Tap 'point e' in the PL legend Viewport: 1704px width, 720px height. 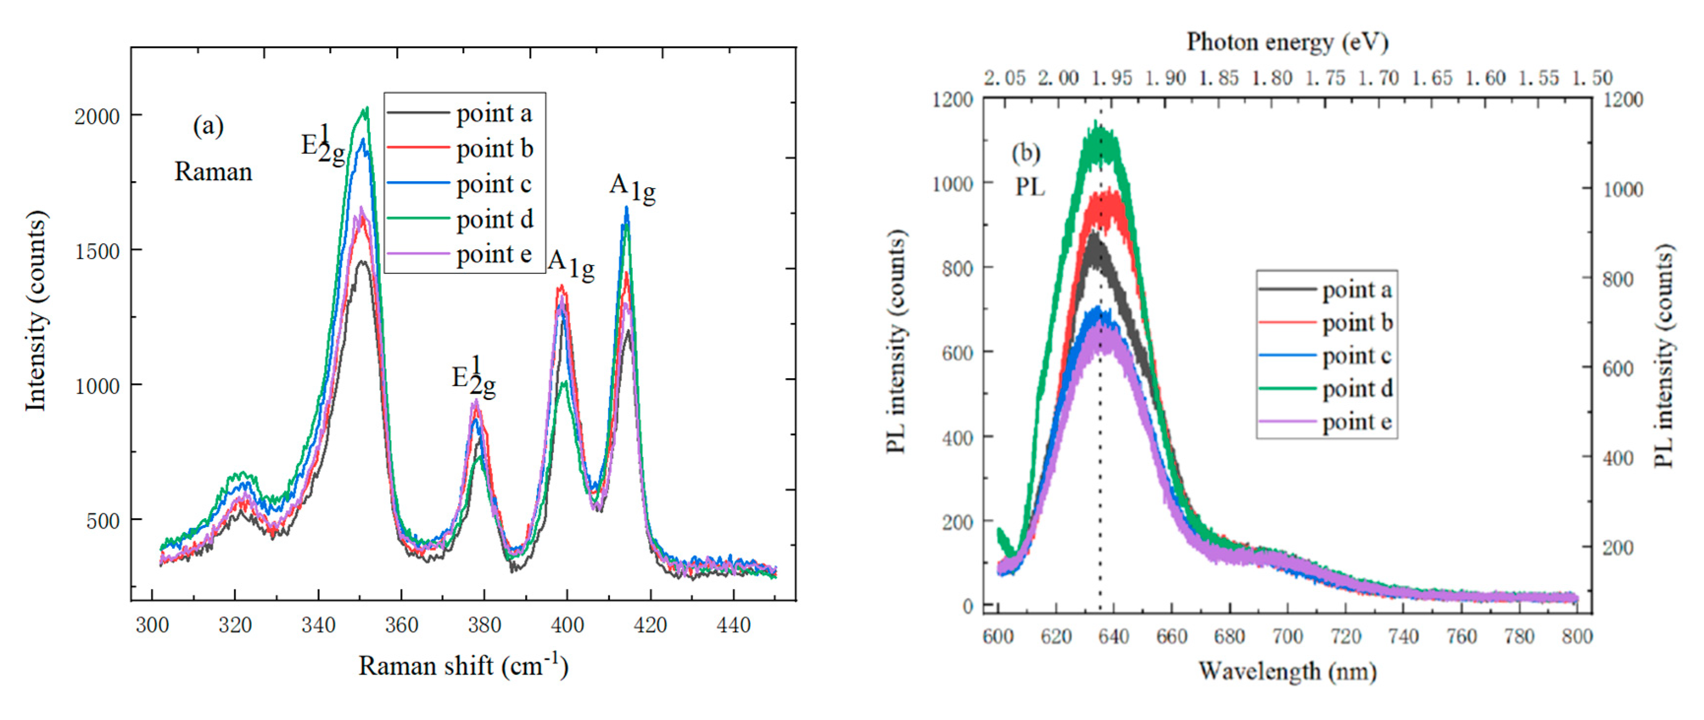(1356, 422)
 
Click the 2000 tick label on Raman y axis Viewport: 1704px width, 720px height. (96, 116)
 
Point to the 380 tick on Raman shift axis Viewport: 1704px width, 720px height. (484, 624)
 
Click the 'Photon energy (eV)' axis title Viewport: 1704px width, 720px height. (1287, 42)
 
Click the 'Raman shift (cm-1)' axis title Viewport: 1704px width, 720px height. (463, 666)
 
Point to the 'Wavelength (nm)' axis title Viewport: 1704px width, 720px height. (1287, 671)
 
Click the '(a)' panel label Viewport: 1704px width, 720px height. (208, 125)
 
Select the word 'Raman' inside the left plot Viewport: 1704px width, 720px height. (213, 172)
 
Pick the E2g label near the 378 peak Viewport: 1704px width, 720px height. (473, 377)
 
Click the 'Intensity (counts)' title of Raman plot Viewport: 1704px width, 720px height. (36, 311)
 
